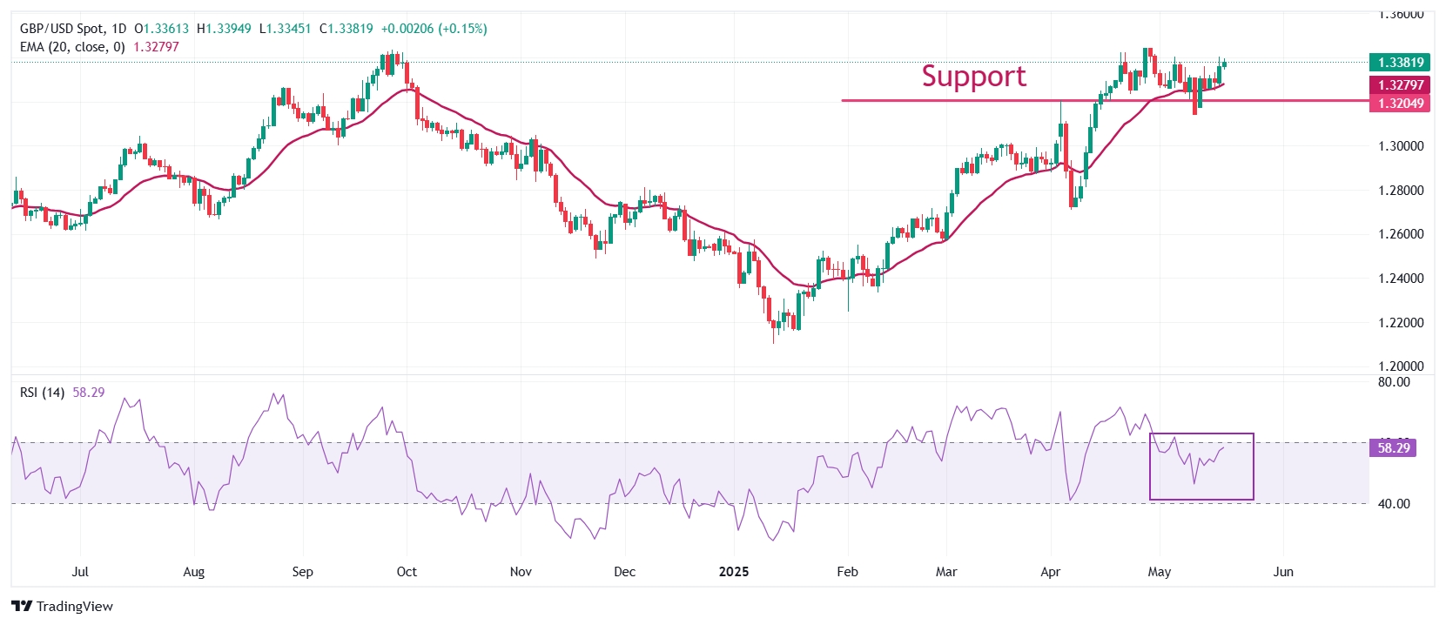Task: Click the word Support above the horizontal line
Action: click(973, 77)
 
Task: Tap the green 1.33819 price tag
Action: click(1401, 62)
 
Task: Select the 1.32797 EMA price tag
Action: click(1401, 84)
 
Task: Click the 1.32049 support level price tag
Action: click(1401, 103)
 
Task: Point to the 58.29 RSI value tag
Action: click(1393, 447)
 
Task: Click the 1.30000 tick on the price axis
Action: click(1401, 146)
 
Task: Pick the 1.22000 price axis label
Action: click(1401, 323)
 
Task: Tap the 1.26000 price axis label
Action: click(1401, 234)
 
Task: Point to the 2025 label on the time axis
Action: click(734, 572)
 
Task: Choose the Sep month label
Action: click(302, 572)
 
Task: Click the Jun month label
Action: click(1283, 572)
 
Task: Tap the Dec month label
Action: click(624, 572)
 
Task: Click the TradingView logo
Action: click(63, 606)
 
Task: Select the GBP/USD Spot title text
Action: click(60, 29)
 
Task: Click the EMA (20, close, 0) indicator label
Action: click(72, 47)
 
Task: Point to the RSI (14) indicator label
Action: click(42, 393)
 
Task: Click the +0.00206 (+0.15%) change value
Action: click(434, 29)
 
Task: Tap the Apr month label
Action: click(1051, 572)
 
